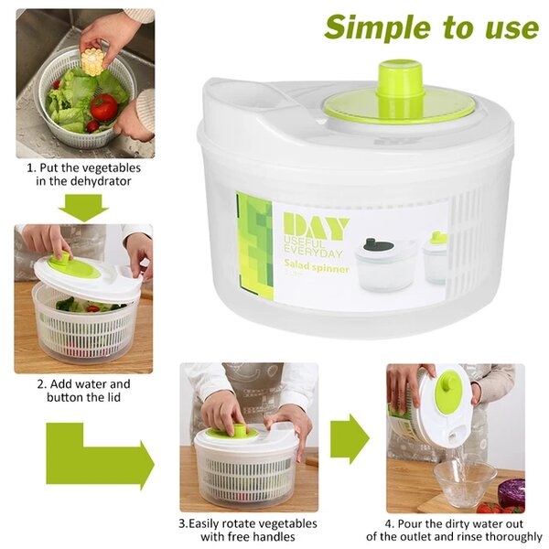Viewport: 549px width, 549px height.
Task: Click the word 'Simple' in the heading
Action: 376,27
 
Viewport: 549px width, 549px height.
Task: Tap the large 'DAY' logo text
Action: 315,226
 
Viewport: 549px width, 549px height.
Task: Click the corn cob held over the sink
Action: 92,62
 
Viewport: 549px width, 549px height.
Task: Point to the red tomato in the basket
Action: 103,107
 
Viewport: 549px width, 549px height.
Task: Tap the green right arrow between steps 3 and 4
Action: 349,437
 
